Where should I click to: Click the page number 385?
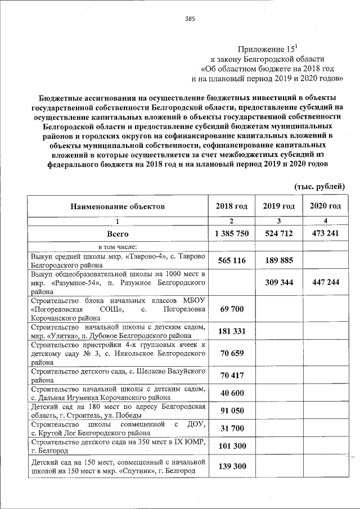tap(190, 19)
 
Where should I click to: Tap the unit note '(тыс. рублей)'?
tap(319, 186)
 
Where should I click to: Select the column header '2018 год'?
tap(231, 206)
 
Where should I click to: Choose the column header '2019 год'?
tap(278, 206)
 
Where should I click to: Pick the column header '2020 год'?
tap(325, 206)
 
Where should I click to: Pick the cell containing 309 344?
tap(278, 282)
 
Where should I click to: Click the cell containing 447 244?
tap(325, 282)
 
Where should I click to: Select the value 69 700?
tap(231, 309)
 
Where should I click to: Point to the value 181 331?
tap(231, 331)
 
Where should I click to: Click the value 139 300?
tap(231, 467)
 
